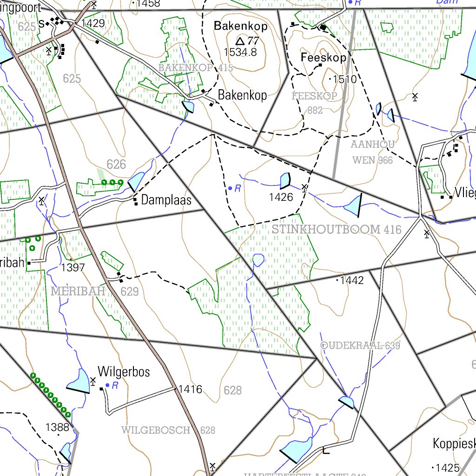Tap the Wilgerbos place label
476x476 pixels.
click(124, 372)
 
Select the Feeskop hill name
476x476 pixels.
click(324, 58)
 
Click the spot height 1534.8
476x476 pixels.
click(240, 52)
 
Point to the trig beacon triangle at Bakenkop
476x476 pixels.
click(240, 41)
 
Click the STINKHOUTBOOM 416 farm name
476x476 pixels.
click(337, 230)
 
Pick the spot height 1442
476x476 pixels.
click(352, 280)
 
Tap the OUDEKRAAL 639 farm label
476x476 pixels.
click(360, 345)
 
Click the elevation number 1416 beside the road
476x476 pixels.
click(191, 389)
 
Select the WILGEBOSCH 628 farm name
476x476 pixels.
click(168, 430)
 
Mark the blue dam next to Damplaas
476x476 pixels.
click(136, 181)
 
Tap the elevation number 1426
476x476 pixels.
click(281, 197)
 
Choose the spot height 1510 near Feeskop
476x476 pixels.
click(344, 79)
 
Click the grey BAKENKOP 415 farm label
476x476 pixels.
click(196, 68)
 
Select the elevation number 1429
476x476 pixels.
click(93, 23)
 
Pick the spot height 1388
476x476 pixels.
click(57, 427)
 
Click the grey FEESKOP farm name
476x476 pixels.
click(315, 96)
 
